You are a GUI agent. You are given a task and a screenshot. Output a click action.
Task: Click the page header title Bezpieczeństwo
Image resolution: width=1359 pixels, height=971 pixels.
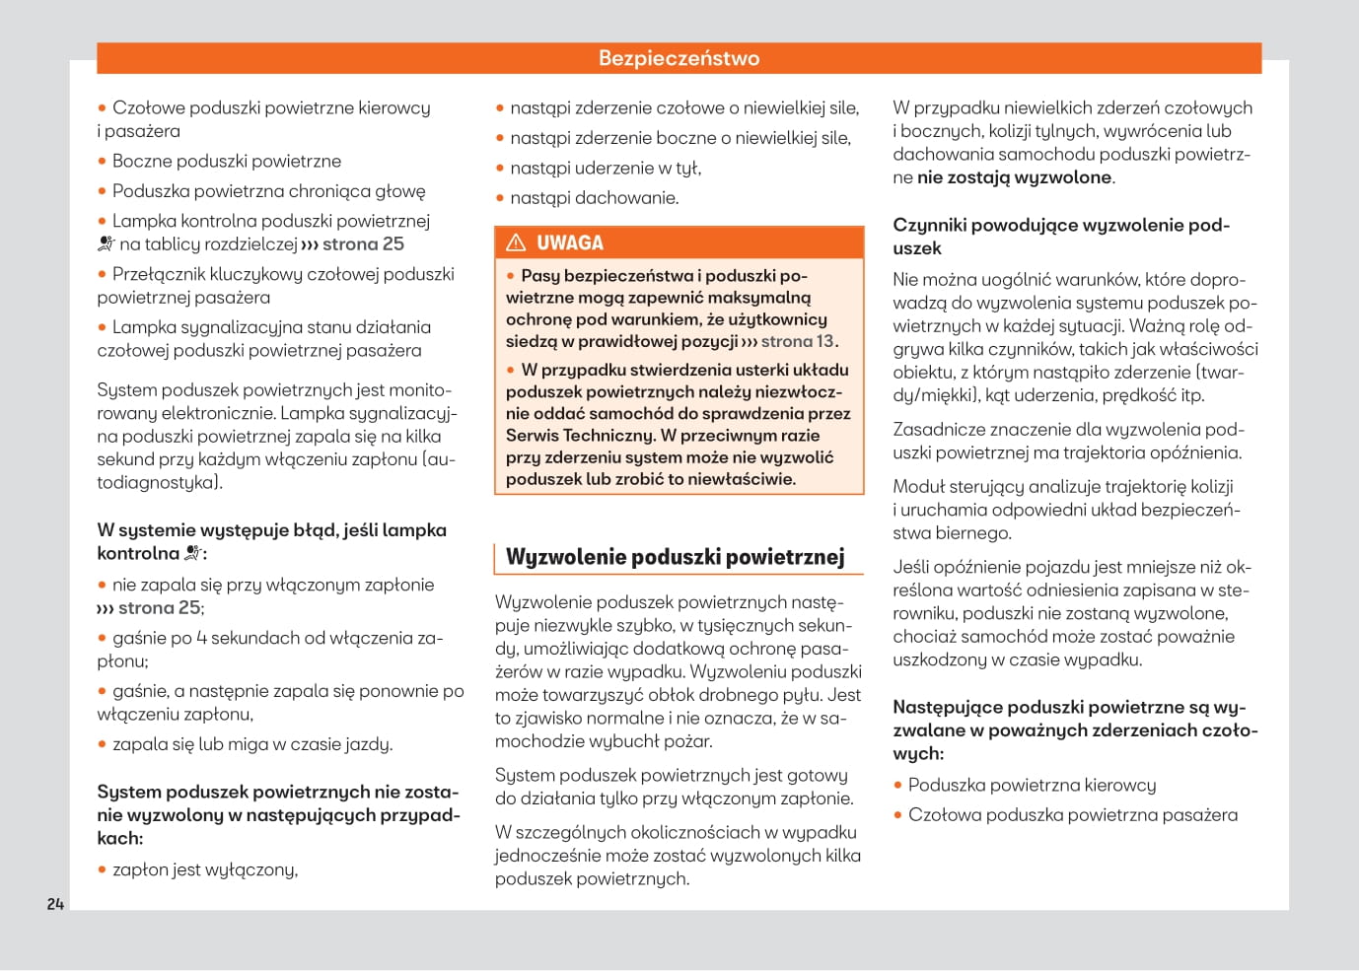click(679, 58)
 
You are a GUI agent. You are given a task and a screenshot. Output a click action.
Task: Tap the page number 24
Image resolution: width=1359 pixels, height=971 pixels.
click(55, 904)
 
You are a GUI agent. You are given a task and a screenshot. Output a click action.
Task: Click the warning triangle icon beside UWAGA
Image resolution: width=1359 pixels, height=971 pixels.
click(516, 243)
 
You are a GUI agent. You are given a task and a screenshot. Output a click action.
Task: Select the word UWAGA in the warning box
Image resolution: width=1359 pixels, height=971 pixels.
click(570, 243)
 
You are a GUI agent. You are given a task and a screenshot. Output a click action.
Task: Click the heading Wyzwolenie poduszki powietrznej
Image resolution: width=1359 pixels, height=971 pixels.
click(675, 557)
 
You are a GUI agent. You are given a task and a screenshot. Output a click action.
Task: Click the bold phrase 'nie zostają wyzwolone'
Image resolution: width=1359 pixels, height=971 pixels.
click(1014, 177)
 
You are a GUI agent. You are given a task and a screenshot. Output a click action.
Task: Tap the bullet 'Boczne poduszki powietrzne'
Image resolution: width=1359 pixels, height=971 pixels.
click(226, 161)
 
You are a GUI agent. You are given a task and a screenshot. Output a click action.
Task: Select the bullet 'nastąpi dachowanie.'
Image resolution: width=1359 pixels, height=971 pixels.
click(594, 198)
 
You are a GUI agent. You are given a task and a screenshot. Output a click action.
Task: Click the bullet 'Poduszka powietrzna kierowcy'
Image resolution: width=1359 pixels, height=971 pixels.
click(1032, 785)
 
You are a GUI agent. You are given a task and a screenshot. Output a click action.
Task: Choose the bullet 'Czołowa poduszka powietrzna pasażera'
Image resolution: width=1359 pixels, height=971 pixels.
click(1072, 815)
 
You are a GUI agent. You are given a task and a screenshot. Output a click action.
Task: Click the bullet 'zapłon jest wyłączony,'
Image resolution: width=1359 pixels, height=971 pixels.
click(205, 869)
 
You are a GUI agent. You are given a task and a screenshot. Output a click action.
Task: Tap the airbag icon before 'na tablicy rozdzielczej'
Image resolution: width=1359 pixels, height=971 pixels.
click(107, 243)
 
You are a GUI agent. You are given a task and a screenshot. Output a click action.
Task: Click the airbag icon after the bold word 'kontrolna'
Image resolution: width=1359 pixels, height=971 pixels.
click(193, 553)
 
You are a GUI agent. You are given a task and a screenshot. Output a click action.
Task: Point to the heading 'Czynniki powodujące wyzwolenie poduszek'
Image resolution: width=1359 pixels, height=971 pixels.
click(1060, 237)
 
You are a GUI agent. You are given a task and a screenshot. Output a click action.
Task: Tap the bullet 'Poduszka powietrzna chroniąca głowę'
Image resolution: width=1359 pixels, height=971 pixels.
click(268, 191)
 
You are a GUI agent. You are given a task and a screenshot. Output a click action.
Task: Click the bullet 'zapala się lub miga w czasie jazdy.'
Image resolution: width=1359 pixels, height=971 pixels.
click(252, 744)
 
